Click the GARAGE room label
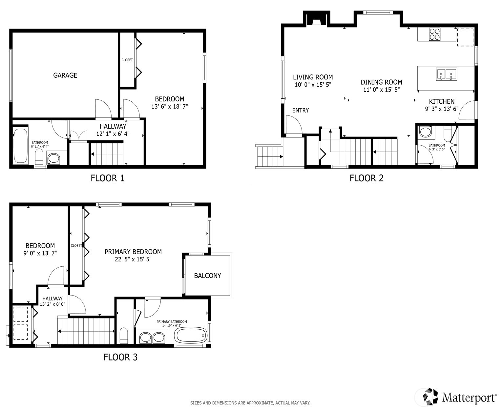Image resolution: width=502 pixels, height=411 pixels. [65, 75]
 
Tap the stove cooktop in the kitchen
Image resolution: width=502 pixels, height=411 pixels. [434, 34]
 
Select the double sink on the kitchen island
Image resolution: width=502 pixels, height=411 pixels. [446, 74]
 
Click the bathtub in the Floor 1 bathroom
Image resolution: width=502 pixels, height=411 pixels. [20, 146]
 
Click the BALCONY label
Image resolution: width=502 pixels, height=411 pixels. [208, 276]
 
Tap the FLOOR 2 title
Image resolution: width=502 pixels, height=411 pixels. [366, 178]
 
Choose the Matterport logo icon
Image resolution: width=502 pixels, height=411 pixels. [430, 397]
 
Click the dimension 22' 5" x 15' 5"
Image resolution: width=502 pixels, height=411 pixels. [133, 259]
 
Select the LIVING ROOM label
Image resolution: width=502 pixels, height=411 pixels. [313, 77]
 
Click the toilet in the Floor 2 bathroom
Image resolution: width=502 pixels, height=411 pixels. [448, 134]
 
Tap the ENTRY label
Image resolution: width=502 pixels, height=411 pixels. [301, 110]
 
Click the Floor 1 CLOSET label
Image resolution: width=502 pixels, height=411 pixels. [127, 60]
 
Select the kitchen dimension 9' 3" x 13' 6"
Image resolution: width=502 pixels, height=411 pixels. [442, 109]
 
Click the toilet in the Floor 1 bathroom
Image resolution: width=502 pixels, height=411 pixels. [39, 157]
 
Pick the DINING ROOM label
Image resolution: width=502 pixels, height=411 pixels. [381, 82]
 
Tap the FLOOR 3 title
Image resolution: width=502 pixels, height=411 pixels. [120, 357]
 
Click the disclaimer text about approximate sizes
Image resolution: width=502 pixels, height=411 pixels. [250, 403]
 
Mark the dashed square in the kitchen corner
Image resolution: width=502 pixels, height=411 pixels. [465, 37]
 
